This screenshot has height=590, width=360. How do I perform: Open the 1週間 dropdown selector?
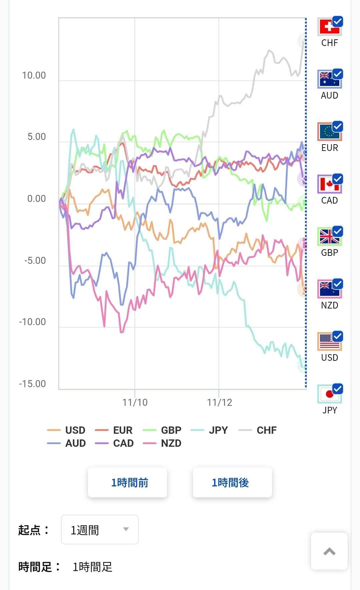coord(100,529)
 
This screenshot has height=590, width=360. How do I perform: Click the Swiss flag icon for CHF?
coord(329,27)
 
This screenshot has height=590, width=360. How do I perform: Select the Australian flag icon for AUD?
coord(329,80)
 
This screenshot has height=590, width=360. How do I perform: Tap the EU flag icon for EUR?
coord(329,132)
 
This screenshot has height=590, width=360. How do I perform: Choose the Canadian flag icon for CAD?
coord(329,184)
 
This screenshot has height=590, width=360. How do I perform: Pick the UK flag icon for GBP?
coord(329,237)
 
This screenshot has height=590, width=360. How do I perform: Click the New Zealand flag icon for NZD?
coord(329,289)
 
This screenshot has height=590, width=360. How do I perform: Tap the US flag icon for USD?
coord(329,341)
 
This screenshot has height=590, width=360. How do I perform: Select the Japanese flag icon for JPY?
coord(329,394)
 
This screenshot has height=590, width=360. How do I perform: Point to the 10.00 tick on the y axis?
coord(34,75)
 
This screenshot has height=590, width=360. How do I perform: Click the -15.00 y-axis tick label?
coord(33,384)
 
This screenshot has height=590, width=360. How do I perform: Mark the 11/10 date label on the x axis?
coord(135,402)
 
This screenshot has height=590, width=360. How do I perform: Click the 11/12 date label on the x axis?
coord(219,402)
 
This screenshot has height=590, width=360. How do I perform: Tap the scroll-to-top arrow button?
coord(329,551)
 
